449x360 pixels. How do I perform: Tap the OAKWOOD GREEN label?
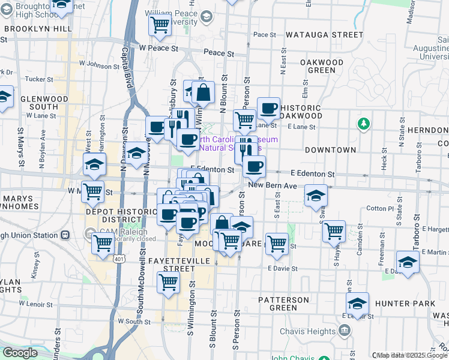point(321,66)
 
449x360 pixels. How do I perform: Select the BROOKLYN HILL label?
point(37,28)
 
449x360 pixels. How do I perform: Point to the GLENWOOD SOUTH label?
point(39,103)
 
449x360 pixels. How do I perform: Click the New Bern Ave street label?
point(273,187)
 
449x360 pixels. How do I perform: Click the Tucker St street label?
point(40,79)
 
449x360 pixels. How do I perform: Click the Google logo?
point(20,353)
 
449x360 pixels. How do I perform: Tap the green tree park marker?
point(363,124)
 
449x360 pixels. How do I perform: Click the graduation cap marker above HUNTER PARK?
point(357,302)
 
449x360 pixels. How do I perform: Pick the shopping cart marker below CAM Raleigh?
point(103,244)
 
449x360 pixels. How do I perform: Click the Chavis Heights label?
point(312,331)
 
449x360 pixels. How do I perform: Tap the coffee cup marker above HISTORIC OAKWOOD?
point(269,109)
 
